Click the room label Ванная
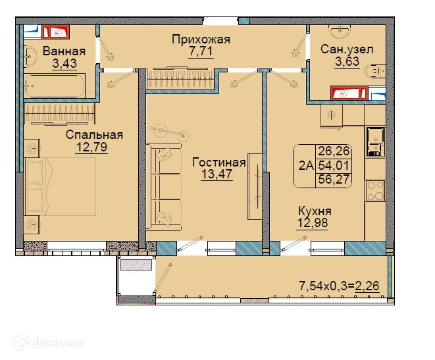click(64, 51)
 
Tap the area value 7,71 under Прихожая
click(201, 51)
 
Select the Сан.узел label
click(347, 49)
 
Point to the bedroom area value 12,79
click(91, 147)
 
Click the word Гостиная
click(219, 163)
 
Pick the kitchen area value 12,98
click(313, 222)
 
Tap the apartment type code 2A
click(306, 166)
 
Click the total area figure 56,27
click(334, 179)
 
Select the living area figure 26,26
click(334, 151)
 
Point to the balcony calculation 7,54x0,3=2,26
click(339, 286)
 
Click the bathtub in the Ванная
click(54, 86)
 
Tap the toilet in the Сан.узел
click(375, 71)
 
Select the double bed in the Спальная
click(60, 186)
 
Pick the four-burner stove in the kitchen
click(375, 191)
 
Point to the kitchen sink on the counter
click(375, 142)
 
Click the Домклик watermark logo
click(49, 343)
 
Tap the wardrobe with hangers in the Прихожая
click(180, 78)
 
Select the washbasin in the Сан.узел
click(340, 32)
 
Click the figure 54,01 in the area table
click(334, 166)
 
